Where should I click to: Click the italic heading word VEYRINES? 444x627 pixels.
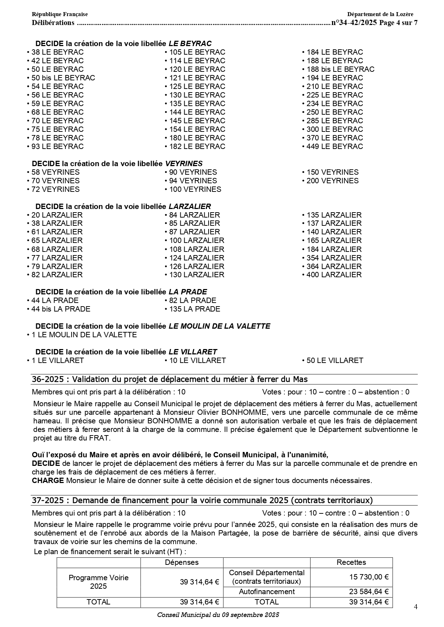(184, 164)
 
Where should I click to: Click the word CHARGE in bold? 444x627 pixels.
(48, 481)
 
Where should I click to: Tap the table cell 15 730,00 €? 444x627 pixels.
(369, 577)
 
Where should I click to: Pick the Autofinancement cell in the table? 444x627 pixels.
(267, 592)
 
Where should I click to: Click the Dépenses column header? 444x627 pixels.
(182, 562)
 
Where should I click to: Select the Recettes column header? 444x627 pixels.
(351, 562)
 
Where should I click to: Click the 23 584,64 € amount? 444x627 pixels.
(369, 592)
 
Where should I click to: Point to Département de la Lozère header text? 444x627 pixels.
(380, 14)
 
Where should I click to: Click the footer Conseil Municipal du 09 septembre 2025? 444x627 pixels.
(218, 615)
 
